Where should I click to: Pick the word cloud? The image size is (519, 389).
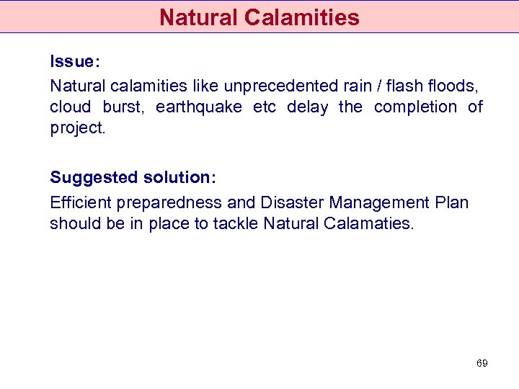pos(70,107)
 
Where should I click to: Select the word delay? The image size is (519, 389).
pos(307,107)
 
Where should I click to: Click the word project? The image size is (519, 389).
pos(77,128)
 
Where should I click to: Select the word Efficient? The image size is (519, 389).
pos(79,202)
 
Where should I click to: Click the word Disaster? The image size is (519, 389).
pos(292,202)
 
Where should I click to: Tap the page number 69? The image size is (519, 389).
pos(482,364)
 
